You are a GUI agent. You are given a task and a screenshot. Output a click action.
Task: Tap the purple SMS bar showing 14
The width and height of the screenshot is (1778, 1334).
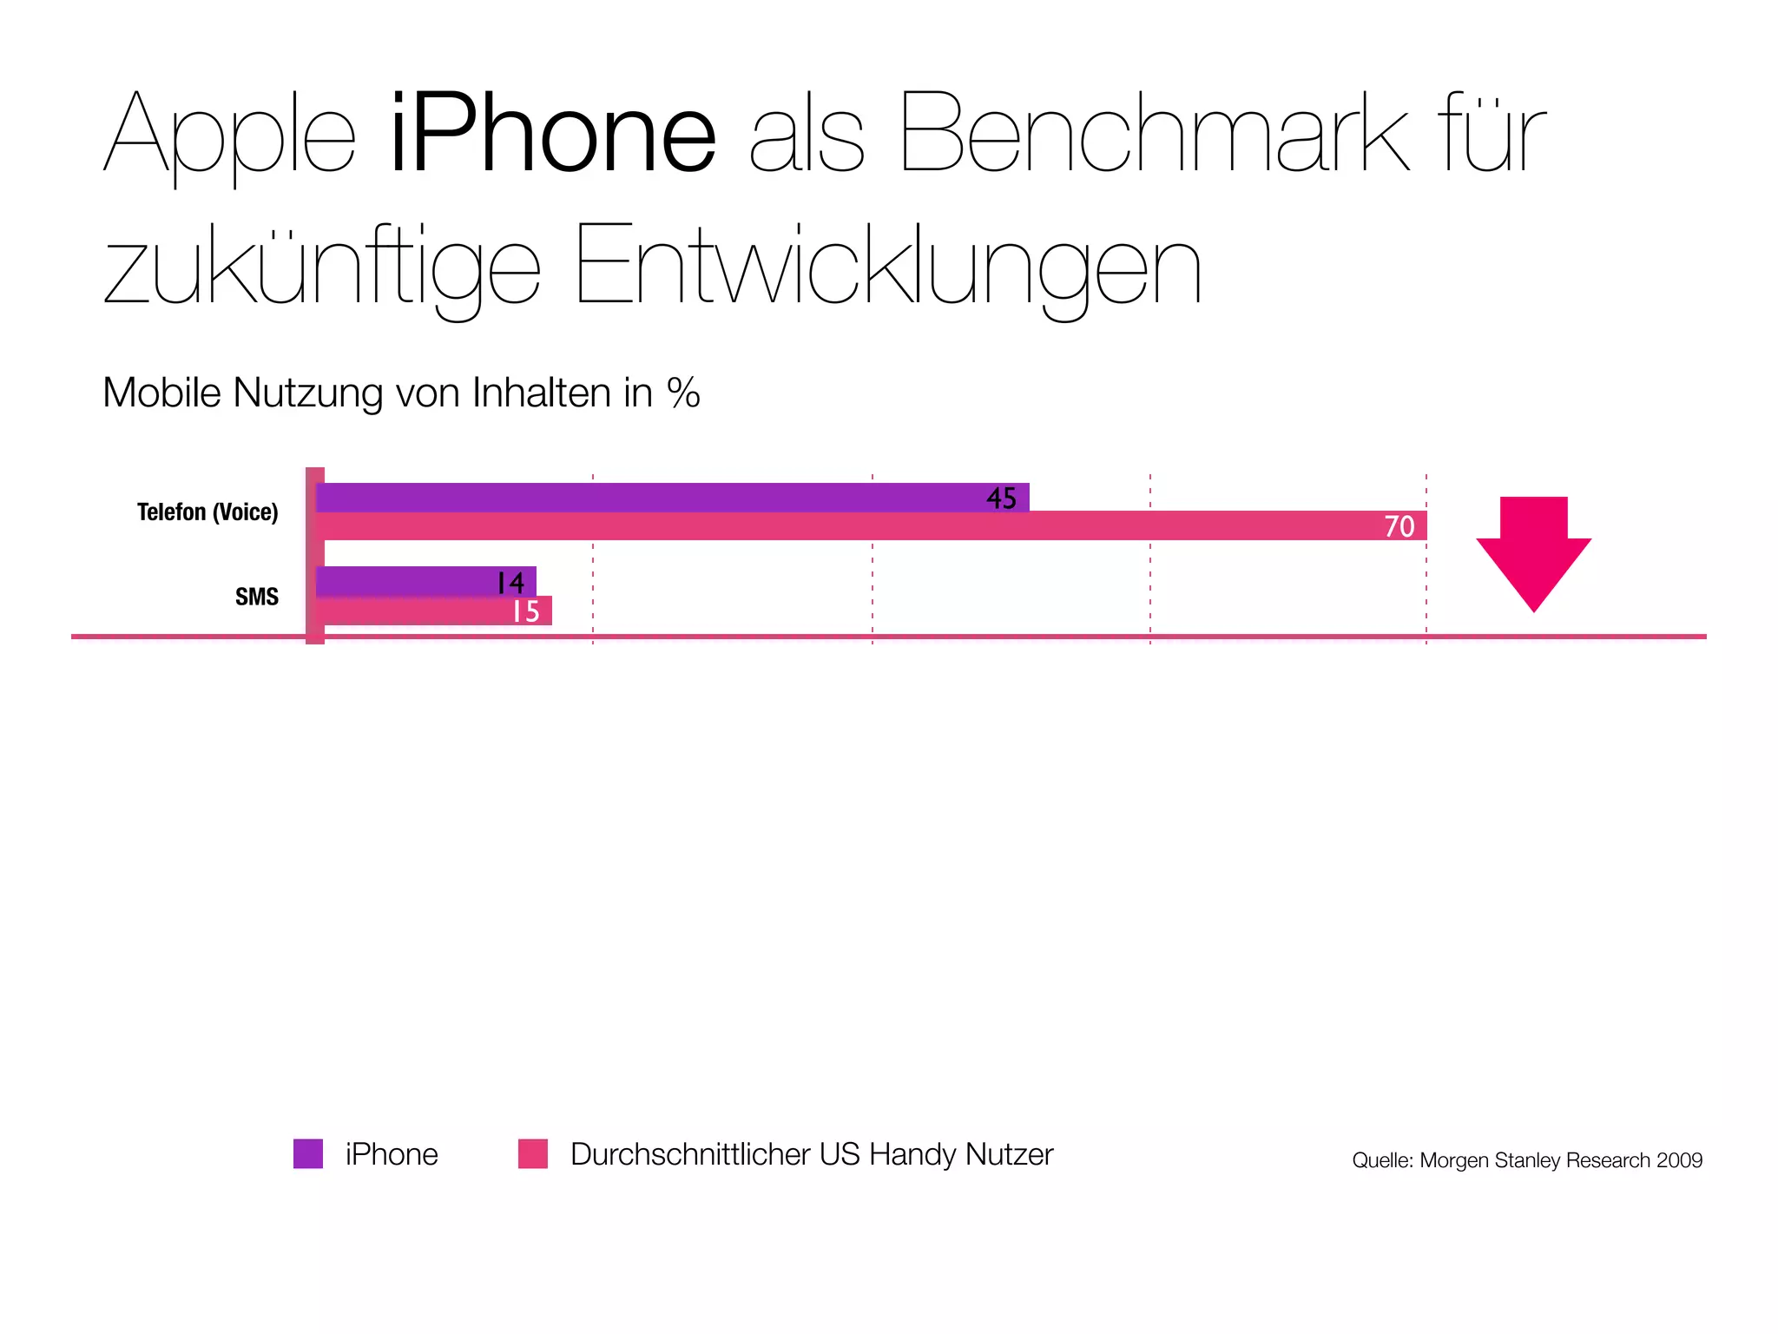(408, 581)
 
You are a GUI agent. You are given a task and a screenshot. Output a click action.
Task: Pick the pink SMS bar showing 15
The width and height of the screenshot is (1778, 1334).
(417, 611)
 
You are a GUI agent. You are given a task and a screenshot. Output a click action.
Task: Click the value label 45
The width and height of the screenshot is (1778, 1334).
(1001, 499)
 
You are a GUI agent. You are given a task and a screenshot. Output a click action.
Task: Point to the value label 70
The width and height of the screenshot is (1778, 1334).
(1399, 526)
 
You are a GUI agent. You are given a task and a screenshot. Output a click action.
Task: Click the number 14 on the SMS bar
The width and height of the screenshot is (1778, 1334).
(510, 582)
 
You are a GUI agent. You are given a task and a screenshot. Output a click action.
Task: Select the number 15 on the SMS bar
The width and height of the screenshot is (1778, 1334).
(526, 611)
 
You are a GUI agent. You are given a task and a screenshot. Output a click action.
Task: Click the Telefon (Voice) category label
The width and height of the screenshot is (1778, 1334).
(207, 512)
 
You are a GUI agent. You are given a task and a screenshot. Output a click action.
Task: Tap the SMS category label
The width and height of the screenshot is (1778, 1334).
(257, 597)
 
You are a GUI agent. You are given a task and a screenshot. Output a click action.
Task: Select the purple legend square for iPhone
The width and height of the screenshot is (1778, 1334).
(308, 1154)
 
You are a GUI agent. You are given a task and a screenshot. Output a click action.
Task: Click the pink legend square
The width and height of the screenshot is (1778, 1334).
(533, 1154)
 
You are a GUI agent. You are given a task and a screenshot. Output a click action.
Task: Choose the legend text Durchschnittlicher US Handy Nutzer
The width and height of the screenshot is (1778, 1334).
(812, 1154)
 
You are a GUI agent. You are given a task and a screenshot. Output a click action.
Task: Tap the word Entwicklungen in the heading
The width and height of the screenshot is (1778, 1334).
(887, 265)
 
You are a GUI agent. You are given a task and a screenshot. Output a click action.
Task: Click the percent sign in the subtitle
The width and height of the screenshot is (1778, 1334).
(683, 393)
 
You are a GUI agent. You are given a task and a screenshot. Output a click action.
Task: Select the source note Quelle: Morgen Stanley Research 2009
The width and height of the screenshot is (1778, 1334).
(1527, 1160)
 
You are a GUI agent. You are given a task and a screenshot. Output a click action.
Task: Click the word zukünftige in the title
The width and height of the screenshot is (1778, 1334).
(322, 265)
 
